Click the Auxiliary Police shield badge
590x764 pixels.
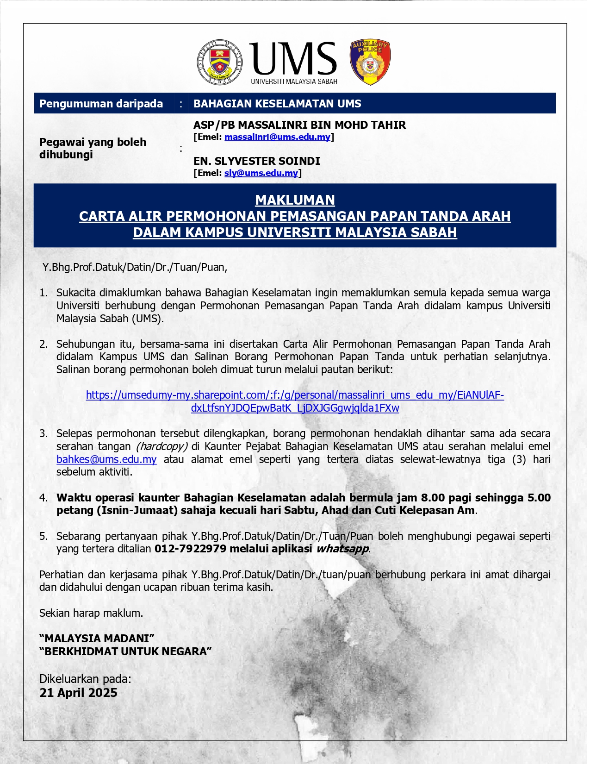370,62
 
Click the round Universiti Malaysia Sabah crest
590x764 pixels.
220,62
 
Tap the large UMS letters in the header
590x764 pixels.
294,59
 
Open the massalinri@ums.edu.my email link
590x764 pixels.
277,137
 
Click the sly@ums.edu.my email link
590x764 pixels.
261,173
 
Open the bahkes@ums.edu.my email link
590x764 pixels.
106,459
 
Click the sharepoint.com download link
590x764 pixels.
295,401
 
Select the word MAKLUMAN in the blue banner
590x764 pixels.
295,200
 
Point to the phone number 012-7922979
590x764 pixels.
190,549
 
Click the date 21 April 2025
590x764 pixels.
78,693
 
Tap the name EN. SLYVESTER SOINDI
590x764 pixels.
256,161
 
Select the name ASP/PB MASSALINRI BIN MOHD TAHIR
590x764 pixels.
299,125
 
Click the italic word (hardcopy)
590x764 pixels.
161,446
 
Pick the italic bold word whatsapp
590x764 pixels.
342,549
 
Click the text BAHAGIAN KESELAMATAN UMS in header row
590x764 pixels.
277,104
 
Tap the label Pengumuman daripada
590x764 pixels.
101,104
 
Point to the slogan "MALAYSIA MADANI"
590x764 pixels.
97,639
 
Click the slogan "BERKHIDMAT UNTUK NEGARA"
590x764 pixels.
125,651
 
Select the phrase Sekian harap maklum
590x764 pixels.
91,613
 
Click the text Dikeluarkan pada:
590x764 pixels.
85,679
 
